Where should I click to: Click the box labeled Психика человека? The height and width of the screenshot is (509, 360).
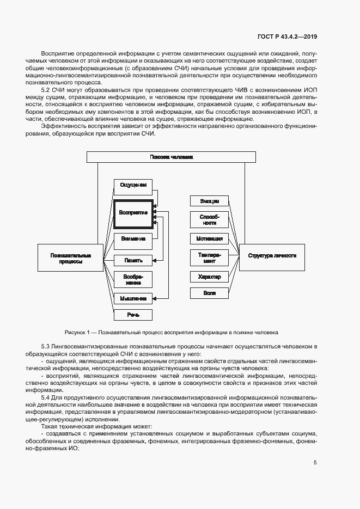click(171, 157)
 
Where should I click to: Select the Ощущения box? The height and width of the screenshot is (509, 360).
click(133, 185)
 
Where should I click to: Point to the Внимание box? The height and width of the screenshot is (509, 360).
click(133, 239)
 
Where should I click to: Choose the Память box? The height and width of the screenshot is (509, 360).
click(133, 260)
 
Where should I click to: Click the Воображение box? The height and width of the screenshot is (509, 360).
click(133, 279)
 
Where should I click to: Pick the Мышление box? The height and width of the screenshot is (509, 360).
click(133, 298)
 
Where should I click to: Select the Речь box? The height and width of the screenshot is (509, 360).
click(133, 315)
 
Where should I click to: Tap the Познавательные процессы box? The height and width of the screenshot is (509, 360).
click(70, 258)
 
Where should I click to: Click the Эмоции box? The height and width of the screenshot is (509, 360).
click(209, 200)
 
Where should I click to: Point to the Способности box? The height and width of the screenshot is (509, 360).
click(209, 219)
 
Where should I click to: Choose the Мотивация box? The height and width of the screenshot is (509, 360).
click(209, 238)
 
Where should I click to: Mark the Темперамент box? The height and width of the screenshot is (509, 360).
click(209, 257)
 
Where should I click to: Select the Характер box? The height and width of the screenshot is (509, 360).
click(209, 277)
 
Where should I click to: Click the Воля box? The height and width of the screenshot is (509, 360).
click(209, 293)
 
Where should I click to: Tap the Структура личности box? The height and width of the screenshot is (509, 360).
click(272, 255)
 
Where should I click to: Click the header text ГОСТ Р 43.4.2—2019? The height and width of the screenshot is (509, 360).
click(287, 37)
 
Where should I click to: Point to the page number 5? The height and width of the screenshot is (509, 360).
click(315, 463)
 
